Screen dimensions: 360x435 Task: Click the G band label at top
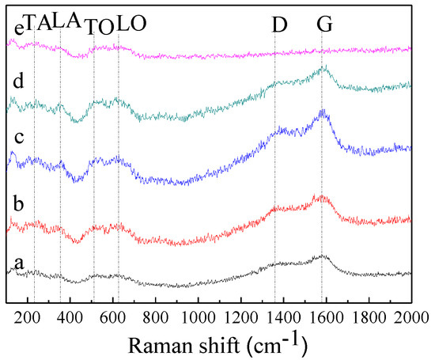[324, 25]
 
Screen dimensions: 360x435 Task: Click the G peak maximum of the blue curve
[322, 113]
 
